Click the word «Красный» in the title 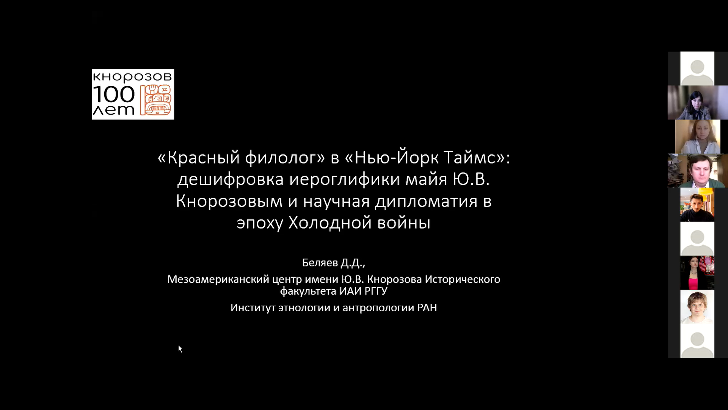pyautogui.click(x=199, y=158)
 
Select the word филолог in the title pyautogui.click(x=285, y=158)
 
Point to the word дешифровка pyautogui.click(x=231, y=179)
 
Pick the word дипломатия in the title pyautogui.click(x=426, y=201)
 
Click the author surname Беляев pyautogui.click(x=320, y=262)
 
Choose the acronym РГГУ pyautogui.click(x=376, y=291)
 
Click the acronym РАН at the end pyautogui.click(x=427, y=307)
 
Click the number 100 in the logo pyautogui.click(x=114, y=94)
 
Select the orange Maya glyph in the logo pyautogui.click(x=156, y=100)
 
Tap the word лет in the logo pyautogui.click(x=114, y=110)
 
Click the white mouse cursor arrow pyautogui.click(x=180, y=349)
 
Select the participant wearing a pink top pyautogui.click(x=697, y=273)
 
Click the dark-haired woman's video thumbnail pyautogui.click(x=698, y=102)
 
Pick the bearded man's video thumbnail pyautogui.click(x=697, y=205)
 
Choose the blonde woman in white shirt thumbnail pyautogui.click(x=698, y=137)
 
